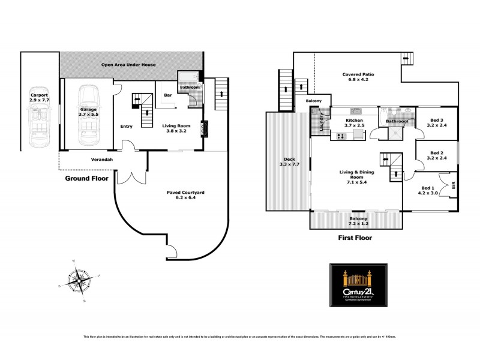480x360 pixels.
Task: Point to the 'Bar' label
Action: (168, 95)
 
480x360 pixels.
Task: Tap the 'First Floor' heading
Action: (355, 238)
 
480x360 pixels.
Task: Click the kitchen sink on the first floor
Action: (355, 110)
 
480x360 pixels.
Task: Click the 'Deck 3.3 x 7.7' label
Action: (289, 162)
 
